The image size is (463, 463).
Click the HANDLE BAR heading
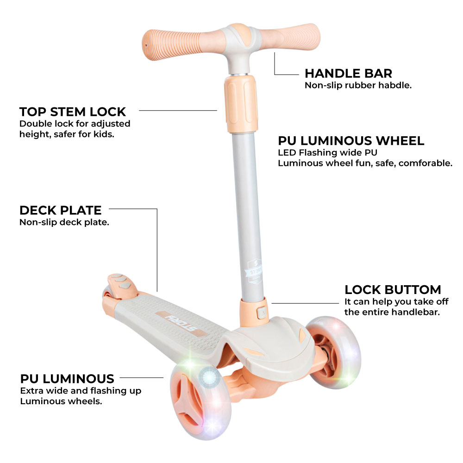tap(349, 73)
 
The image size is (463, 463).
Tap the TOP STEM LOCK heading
tap(73, 112)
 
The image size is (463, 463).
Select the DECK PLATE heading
tap(61, 210)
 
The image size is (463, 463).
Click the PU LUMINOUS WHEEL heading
tap(351, 141)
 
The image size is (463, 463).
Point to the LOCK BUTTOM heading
tap(393, 290)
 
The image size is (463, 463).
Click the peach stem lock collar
tap(241, 103)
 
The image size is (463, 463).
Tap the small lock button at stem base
tap(262, 313)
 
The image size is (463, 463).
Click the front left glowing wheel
tap(201, 401)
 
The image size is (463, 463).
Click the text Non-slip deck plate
tap(64, 222)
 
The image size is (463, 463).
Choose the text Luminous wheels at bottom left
tap(61, 401)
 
